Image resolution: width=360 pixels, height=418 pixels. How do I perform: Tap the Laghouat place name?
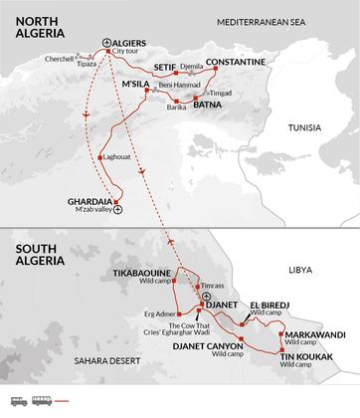[116, 157]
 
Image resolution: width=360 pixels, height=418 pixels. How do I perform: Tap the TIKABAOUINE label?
[145, 272]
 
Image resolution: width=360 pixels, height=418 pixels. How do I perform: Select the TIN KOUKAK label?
[303, 356]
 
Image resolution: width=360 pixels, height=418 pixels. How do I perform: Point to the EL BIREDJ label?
[270, 305]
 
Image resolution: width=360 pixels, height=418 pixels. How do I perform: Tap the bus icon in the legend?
[39, 402]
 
